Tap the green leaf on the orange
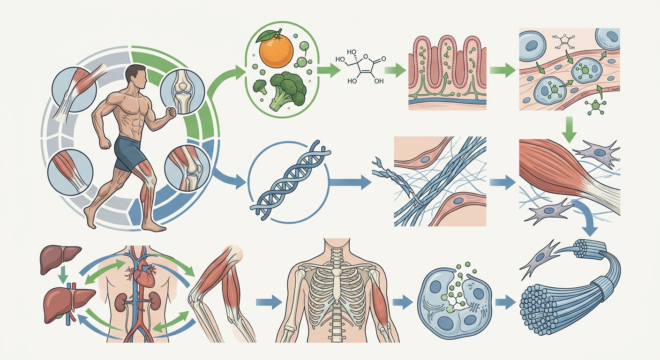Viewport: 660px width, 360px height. tap(266, 37)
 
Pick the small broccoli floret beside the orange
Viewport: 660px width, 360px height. tap(260, 87)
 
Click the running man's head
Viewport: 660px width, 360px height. tap(136, 77)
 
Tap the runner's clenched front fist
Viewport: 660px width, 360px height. tap(171, 112)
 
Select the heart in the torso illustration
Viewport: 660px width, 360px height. tap(144, 276)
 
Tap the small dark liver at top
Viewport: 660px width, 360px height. tap(60, 258)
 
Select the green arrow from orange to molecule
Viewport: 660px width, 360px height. tap(329, 70)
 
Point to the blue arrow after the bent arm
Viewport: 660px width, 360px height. tap(269, 302)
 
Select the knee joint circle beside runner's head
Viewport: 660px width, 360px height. tap(182, 91)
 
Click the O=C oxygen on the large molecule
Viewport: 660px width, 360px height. tap(383, 59)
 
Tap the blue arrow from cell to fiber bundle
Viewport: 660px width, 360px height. tap(506, 302)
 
